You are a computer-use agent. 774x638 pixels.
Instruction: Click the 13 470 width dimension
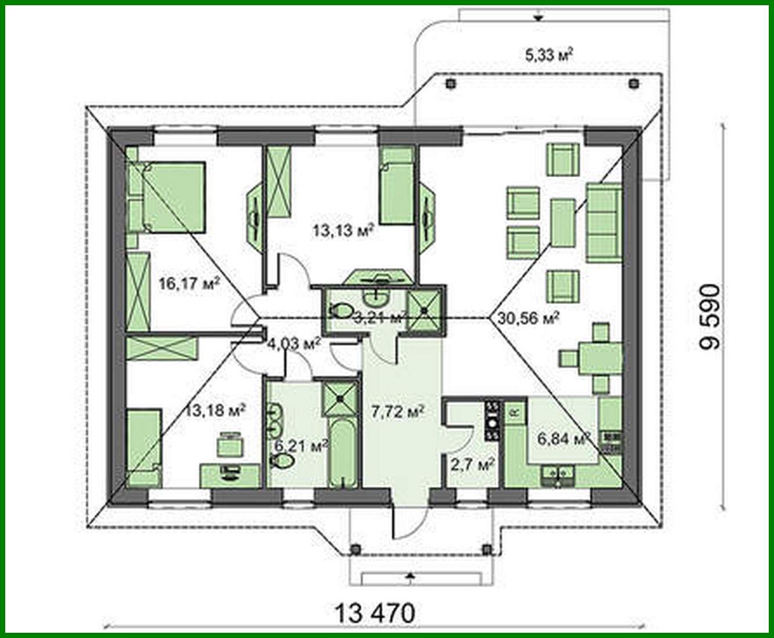374,613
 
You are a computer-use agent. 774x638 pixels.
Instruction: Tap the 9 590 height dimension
711,317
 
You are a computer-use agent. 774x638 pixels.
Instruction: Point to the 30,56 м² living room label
529,317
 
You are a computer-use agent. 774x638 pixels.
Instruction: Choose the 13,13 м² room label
343,231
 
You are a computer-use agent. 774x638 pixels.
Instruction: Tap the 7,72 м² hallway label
397,411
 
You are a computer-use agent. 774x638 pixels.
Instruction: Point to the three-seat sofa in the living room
604,223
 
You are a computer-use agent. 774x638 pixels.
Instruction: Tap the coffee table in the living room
562,223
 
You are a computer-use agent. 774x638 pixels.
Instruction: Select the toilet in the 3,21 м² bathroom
341,310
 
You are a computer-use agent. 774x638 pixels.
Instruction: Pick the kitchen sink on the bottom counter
557,476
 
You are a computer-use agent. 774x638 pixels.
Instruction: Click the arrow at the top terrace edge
538,17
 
